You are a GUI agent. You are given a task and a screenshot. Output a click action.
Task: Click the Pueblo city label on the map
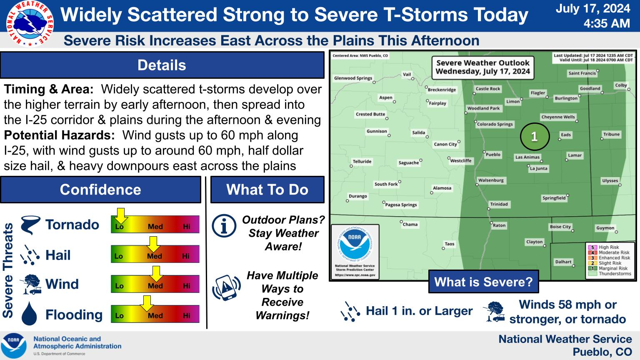point(493,155)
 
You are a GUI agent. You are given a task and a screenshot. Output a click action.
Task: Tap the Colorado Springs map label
point(495,124)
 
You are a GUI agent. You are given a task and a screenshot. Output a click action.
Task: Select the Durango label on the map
point(358,196)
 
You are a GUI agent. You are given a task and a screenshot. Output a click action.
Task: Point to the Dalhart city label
point(563,262)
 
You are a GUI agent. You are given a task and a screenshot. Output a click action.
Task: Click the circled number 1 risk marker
point(535,137)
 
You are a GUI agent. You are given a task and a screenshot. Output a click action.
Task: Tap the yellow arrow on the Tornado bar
point(120,216)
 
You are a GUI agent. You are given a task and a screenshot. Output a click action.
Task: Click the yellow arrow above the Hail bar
point(153,244)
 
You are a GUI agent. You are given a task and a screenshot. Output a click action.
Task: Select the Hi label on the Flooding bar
point(187,315)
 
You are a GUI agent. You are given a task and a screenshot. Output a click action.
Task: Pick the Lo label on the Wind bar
point(119,286)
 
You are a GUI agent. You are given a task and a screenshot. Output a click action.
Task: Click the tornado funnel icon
point(30,225)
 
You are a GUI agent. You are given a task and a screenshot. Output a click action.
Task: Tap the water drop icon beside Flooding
point(29,313)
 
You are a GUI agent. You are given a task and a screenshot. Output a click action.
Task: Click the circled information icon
point(224,226)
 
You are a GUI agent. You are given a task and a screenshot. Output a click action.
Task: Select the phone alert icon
point(226,287)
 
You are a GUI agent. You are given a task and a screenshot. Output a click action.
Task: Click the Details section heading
point(162,65)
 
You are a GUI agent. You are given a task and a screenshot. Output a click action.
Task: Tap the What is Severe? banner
point(483,282)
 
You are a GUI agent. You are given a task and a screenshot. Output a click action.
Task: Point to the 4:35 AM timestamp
point(607,23)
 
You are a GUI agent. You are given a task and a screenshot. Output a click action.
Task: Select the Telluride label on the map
point(362,161)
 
